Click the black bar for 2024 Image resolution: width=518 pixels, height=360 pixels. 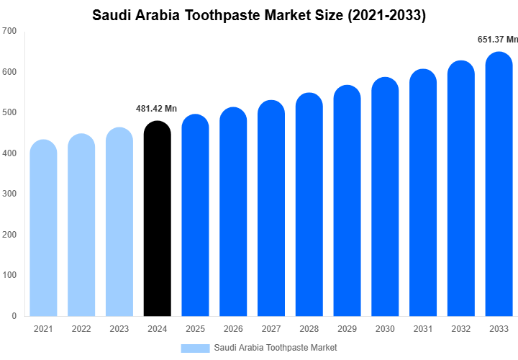coord(157,220)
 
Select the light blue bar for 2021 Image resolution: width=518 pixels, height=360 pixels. coord(43,229)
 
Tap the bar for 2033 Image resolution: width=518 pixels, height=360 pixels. coord(499,186)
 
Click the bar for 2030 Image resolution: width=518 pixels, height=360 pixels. coord(385,198)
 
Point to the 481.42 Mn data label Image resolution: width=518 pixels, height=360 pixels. coord(156,109)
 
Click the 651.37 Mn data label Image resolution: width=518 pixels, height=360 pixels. coord(498,40)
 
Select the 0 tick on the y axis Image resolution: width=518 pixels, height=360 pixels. coord(14,316)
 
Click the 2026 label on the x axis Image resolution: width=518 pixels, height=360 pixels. coord(232,329)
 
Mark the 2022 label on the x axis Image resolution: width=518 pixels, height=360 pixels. coord(81,329)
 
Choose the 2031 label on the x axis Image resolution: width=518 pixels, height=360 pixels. coord(423,329)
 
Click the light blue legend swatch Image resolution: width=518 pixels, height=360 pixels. coord(195,348)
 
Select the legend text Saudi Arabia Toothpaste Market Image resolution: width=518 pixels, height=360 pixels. coord(276,348)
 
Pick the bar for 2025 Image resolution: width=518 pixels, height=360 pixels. coord(195,216)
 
